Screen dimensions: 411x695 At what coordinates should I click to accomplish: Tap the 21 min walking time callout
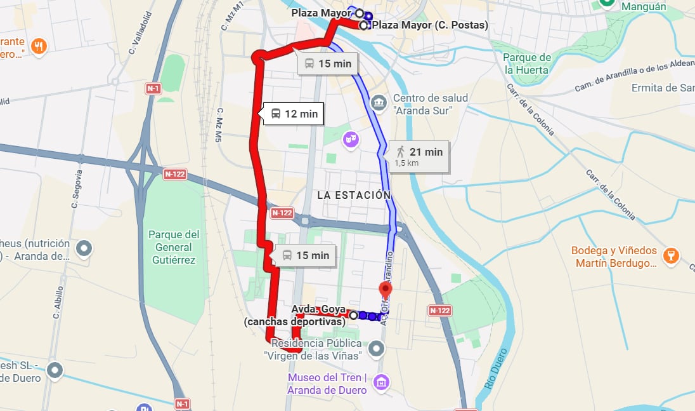[x=419, y=152]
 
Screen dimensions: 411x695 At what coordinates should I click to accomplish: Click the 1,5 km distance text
[x=406, y=163]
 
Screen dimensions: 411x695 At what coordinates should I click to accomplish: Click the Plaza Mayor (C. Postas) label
[x=430, y=25]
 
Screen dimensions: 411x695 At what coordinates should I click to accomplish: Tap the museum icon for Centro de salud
[x=379, y=102]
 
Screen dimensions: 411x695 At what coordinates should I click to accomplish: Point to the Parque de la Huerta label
[x=527, y=64]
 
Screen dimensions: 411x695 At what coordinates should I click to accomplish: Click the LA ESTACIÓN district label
[x=354, y=195]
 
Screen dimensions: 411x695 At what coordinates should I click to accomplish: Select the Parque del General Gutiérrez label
[x=173, y=247]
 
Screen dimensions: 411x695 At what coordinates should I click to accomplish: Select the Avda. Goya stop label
[x=318, y=309]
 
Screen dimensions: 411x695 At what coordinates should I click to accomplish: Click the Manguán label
[x=644, y=7]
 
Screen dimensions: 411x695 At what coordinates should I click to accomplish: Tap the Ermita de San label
[x=663, y=88]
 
